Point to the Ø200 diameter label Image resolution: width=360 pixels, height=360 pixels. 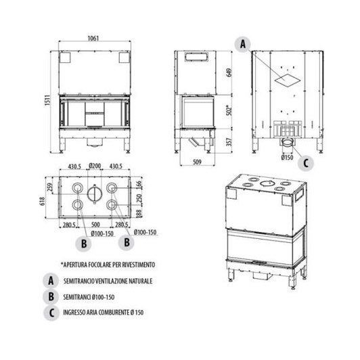95,167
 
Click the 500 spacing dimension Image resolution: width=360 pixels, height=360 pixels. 95,225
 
